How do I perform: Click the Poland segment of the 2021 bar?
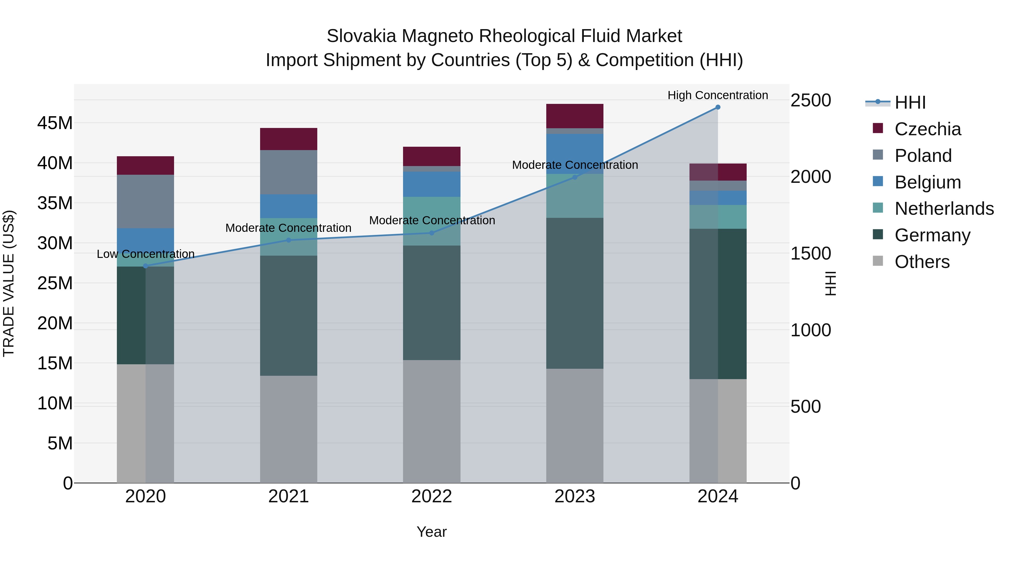point(289,172)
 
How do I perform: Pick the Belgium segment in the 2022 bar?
point(432,184)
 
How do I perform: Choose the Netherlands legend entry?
point(944,209)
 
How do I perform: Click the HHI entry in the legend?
point(910,102)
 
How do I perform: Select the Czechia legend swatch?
point(878,128)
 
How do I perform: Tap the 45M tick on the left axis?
point(55,123)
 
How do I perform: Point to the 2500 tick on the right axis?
point(810,100)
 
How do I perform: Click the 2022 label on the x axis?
point(432,496)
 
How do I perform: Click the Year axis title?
point(432,532)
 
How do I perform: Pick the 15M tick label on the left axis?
point(55,363)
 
